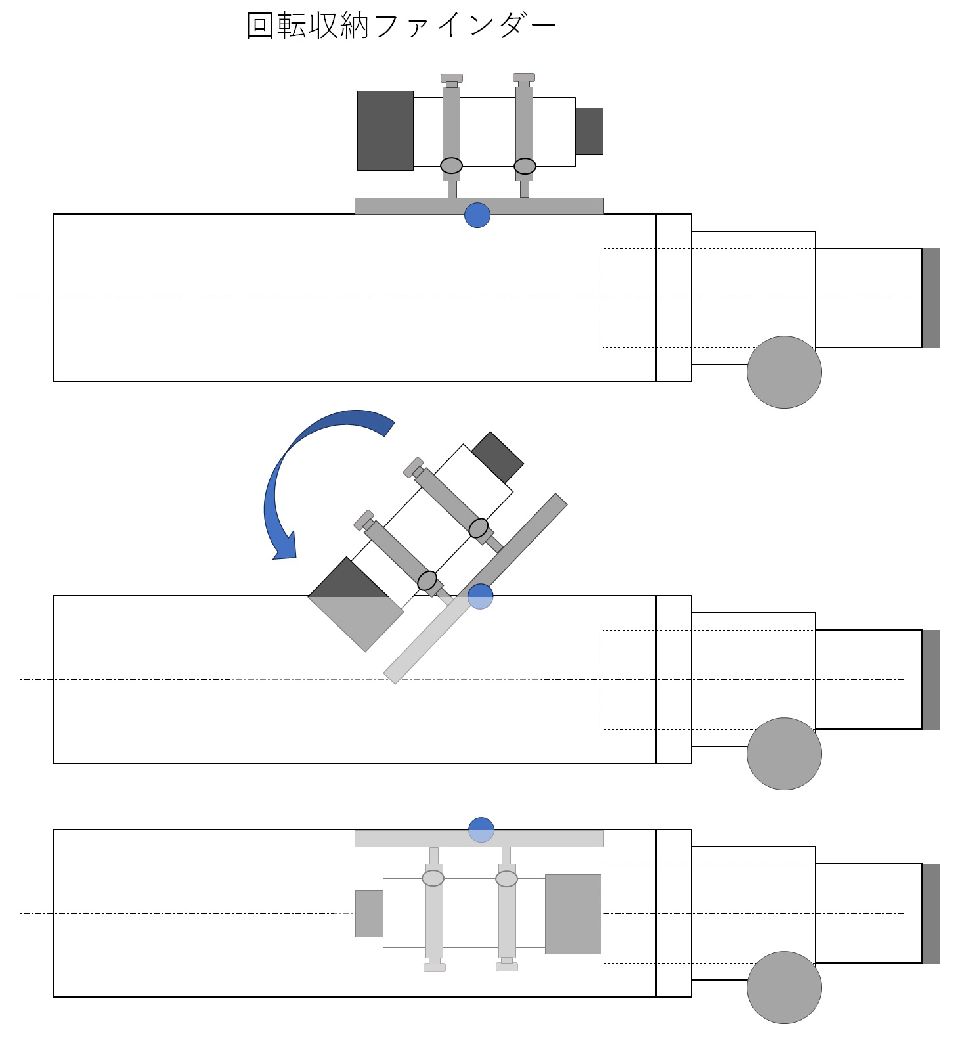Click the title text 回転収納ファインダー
coord(401,26)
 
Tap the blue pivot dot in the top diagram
coord(477,215)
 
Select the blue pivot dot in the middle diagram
coord(480,596)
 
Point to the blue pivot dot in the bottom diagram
coord(481,830)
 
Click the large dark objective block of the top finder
coord(385,131)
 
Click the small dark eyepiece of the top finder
coord(589,131)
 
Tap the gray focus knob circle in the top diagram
coord(784,372)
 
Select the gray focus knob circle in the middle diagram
coord(784,753)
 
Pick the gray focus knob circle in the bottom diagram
coord(784,987)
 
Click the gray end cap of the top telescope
coord(931,298)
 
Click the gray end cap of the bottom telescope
coord(931,913)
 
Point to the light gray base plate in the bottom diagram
coord(407,839)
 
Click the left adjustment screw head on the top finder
coord(452,78)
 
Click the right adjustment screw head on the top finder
coord(524,78)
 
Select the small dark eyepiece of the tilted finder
coord(497,458)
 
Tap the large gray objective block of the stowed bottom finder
coord(573,914)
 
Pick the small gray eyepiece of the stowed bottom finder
coord(369,914)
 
